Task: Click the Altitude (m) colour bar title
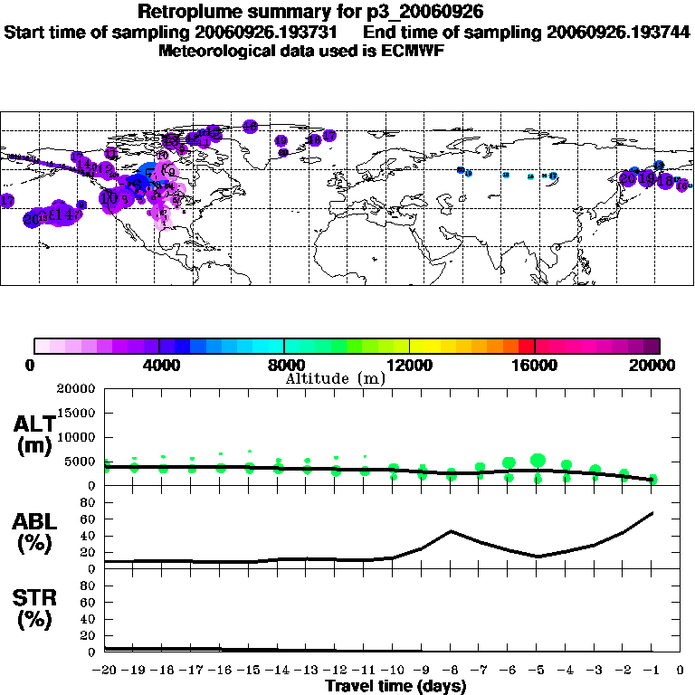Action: (x=335, y=377)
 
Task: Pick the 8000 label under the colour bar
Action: (x=283, y=366)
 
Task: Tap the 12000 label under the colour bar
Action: (x=409, y=366)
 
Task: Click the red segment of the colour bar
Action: (x=526, y=345)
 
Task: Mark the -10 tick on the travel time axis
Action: (x=394, y=671)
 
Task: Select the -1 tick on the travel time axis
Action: (x=652, y=671)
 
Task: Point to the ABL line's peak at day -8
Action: (x=451, y=531)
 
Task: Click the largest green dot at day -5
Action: (x=538, y=461)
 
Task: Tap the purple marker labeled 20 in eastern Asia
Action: (x=627, y=179)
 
